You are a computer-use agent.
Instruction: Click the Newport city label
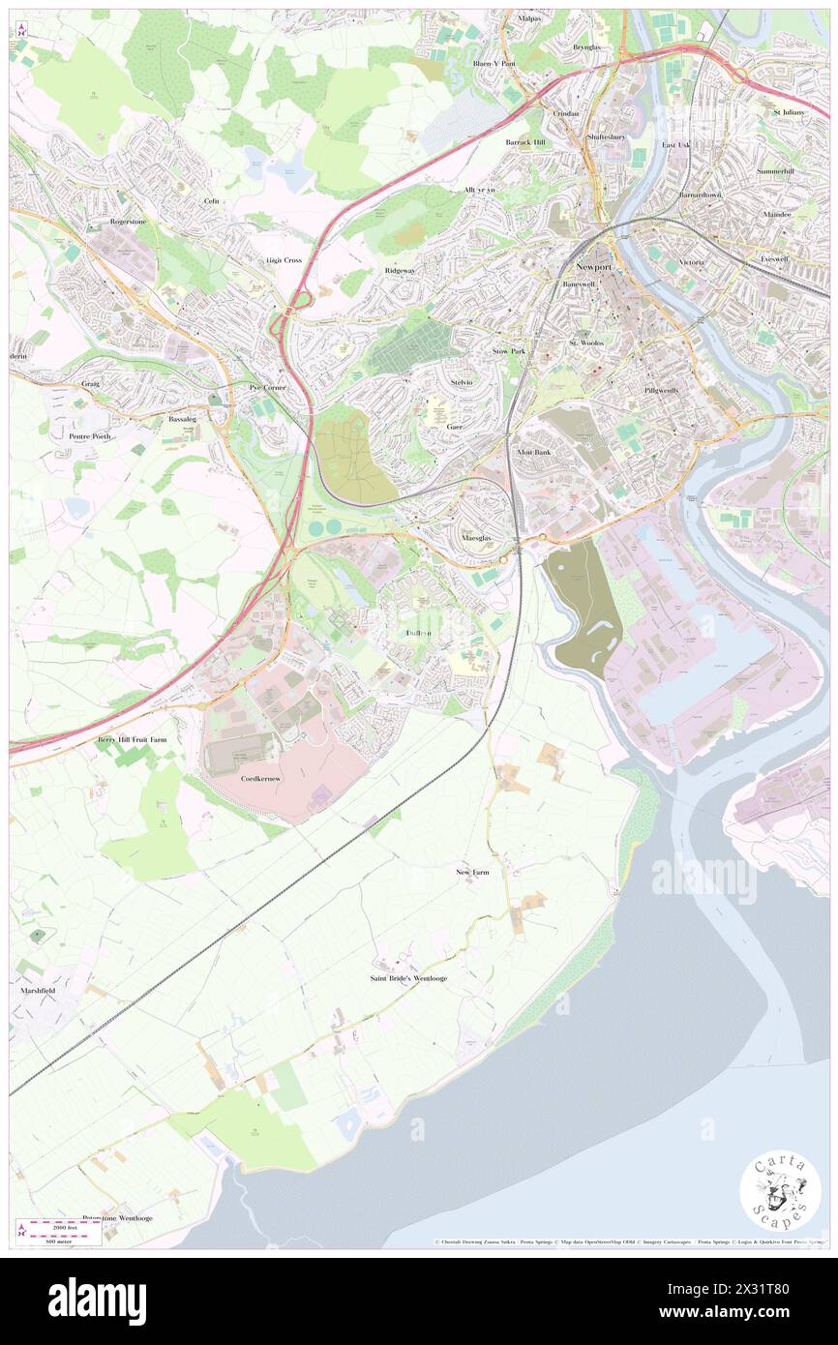point(593,265)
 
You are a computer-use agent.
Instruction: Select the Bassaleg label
point(182,419)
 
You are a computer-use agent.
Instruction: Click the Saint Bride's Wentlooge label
point(408,978)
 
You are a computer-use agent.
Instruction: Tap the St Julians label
point(789,112)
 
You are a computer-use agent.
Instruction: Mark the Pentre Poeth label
point(91,436)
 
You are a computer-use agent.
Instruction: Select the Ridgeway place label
point(400,271)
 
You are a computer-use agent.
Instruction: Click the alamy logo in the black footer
point(97,1300)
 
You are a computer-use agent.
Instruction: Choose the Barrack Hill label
point(525,142)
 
